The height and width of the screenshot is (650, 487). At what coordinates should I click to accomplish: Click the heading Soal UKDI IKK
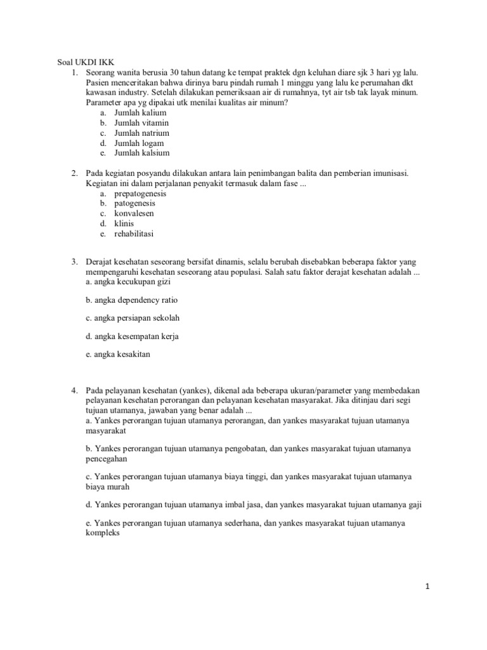tap(78, 62)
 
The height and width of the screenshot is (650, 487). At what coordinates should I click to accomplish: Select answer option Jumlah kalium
tap(140, 112)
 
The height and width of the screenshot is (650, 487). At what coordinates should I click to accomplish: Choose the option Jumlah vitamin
tap(141, 123)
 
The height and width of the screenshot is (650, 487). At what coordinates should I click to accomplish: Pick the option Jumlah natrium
tap(141, 133)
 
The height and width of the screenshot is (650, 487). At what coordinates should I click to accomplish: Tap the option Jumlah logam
tap(139, 143)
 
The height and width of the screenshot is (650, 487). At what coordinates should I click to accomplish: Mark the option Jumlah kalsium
tap(141, 153)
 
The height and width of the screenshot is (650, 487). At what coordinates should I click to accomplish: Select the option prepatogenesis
tap(140, 193)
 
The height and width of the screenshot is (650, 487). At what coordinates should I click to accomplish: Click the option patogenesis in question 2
tap(134, 203)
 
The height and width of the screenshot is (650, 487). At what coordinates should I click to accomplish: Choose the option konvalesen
tap(134, 213)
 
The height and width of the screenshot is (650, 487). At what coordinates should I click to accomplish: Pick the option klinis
tap(124, 223)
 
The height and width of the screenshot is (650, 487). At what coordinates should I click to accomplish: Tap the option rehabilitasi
tap(134, 234)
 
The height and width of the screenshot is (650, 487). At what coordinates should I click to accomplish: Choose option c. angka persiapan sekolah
tap(129, 317)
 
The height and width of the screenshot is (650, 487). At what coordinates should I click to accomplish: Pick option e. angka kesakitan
tap(118, 354)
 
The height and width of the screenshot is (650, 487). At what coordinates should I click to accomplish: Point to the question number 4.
tap(74, 390)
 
